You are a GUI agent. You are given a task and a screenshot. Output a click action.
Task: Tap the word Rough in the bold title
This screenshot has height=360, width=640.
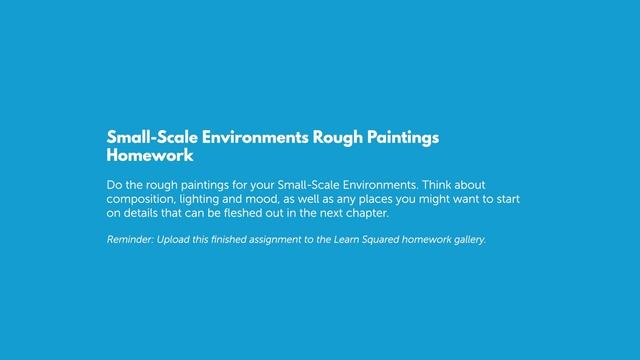click(332, 138)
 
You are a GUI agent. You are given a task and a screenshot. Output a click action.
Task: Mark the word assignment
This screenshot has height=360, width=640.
click(304, 240)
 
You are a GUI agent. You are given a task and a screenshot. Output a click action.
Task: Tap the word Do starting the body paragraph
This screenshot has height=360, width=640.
click(113, 185)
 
